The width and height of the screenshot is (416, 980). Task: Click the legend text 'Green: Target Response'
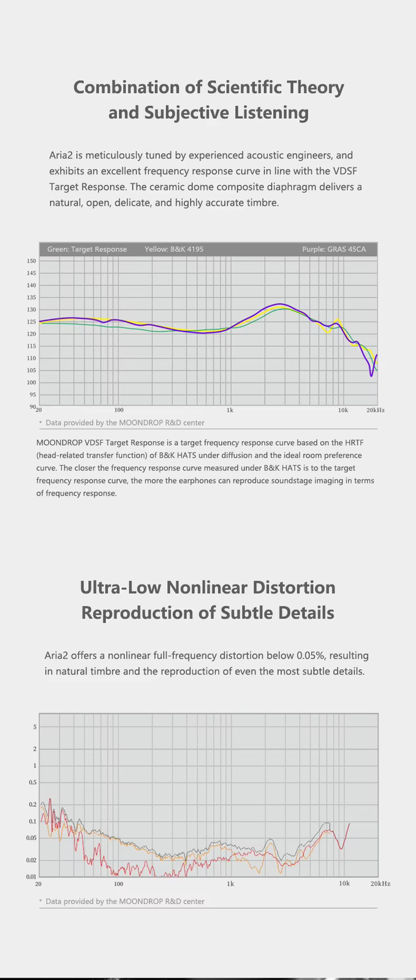pyautogui.click(x=87, y=249)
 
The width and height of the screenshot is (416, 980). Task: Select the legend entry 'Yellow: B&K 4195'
pyautogui.click(x=174, y=249)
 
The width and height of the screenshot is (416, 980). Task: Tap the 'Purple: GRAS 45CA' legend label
pyautogui.click(x=334, y=249)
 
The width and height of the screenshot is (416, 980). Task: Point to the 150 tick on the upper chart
pyautogui.click(x=31, y=261)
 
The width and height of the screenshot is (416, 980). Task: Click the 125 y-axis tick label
pyautogui.click(x=31, y=322)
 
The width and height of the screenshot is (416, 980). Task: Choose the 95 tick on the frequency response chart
pyautogui.click(x=33, y=394)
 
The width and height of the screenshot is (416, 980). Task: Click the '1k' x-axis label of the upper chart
pyautogui.click(x=230, y=410)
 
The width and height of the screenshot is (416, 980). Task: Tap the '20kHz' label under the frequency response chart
pyautogui.click(x=376, y=410)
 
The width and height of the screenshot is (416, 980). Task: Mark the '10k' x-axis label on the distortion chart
pyautogui.click(x=344, y=883)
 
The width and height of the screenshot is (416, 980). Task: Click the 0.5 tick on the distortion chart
pyautogui.click(x=33, y=782)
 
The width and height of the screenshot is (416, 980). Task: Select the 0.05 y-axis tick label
pyautogui.click(x=31, y=838)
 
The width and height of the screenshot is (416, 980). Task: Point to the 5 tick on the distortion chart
pyautogui.click(x=35, y=727)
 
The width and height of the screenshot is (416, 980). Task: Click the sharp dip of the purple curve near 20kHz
pyautogui.click(x=371, y=375)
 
